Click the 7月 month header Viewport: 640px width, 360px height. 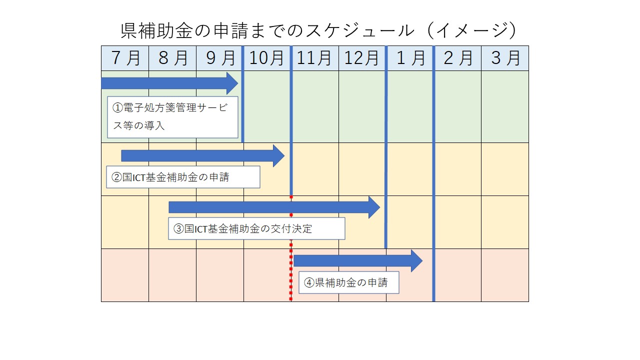[125, 58]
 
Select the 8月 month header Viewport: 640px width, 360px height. [172, 58]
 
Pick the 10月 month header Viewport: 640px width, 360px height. [266, 58]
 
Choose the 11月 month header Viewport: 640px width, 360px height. [314, 58]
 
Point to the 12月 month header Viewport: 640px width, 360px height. [361, 58]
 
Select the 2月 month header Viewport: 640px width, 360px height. [457, 58]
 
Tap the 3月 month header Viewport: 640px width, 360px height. [505, 58]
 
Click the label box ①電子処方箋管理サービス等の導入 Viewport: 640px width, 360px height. [172, 117]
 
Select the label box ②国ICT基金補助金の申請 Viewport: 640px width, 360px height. [183, 177]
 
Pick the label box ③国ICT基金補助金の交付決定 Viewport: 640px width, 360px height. [256, 228]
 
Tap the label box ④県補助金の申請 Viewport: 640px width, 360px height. [349, 282]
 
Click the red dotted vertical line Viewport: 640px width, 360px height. [291, 248]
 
